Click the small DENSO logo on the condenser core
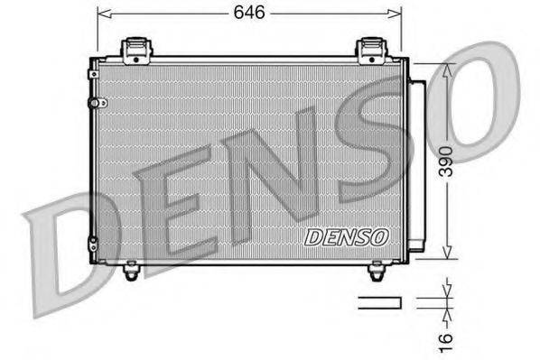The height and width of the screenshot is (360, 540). [346, 236]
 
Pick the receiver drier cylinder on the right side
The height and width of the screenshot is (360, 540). [417, 167]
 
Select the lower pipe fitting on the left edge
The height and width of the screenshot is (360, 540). [91, 242]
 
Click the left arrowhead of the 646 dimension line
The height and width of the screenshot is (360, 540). [102, 14]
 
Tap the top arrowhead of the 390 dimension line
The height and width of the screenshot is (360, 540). [447, 69]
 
